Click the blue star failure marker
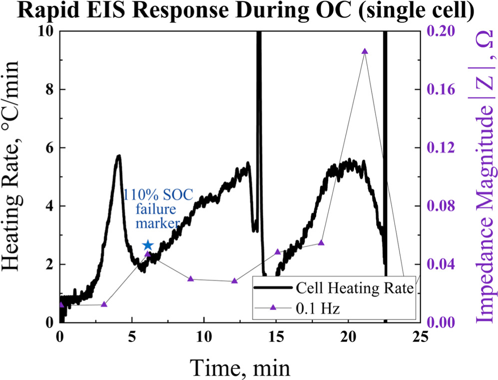point(147,245)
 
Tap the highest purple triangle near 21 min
point(365,51)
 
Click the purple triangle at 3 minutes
point(104,304)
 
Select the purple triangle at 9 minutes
point(190,278)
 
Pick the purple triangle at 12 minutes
point(234,281)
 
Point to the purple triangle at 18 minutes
point(321,242)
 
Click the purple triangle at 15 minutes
point(278,251)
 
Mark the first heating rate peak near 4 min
point(118,156)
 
